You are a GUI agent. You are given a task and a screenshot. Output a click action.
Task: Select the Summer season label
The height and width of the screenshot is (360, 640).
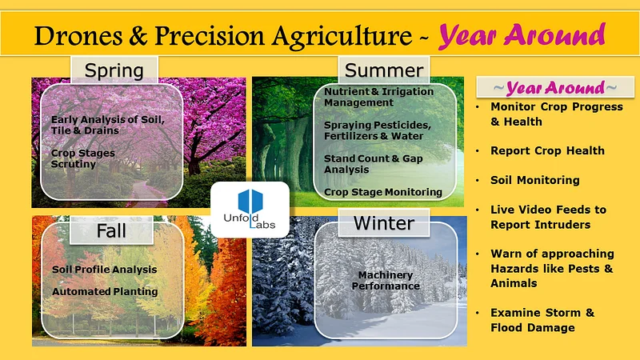[383, 70]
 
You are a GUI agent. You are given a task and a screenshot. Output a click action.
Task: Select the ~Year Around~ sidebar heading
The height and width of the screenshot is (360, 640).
[554, 87]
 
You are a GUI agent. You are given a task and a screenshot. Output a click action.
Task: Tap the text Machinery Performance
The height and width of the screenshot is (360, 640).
[388, 280]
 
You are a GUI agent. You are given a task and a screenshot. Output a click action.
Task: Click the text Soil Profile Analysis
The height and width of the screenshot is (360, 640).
[104, 269]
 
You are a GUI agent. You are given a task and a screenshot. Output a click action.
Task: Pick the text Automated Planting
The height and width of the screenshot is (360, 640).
[105, 291]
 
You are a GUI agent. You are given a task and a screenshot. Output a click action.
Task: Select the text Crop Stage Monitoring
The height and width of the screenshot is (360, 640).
[382, 192]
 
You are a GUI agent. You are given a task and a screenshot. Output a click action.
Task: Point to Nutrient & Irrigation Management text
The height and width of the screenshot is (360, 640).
[378, 97]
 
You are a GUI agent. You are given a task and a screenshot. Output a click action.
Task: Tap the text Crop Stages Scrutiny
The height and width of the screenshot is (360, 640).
[83, 158]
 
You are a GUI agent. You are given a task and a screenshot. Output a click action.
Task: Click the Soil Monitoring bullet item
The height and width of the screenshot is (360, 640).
[534, 180]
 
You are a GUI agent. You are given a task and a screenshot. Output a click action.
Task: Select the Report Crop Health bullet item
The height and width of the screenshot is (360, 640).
[547, 150]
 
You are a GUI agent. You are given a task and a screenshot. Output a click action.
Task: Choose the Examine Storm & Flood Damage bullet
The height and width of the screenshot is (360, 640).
[542, 320]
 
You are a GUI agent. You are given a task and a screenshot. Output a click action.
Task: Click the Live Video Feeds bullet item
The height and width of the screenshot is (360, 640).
[548, 217]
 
